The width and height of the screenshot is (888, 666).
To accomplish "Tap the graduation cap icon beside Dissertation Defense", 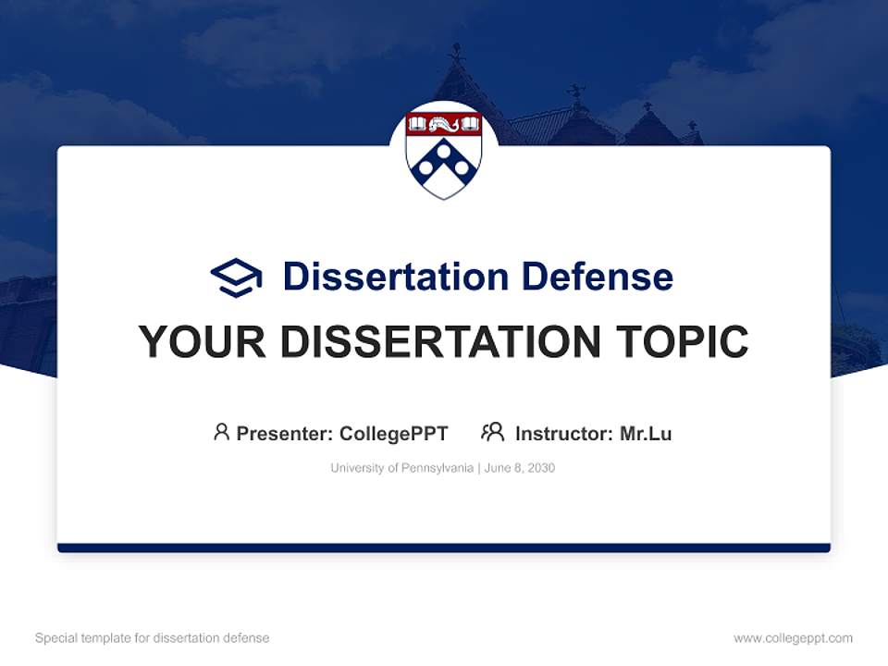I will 236,277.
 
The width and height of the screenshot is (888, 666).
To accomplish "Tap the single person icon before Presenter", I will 221,432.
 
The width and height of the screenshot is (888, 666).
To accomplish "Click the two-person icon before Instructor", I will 492,432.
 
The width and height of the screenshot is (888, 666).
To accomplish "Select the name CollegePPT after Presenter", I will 394,434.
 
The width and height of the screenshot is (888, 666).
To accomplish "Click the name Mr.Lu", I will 646,434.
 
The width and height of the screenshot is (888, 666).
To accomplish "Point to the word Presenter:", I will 285,434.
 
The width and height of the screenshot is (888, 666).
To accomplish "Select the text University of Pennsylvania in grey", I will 401,468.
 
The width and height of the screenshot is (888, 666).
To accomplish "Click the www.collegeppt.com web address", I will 793,638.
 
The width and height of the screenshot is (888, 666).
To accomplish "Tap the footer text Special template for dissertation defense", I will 152,638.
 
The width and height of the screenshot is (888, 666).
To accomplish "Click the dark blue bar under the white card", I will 444,548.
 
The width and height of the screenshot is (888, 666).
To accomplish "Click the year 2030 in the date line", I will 541,468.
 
